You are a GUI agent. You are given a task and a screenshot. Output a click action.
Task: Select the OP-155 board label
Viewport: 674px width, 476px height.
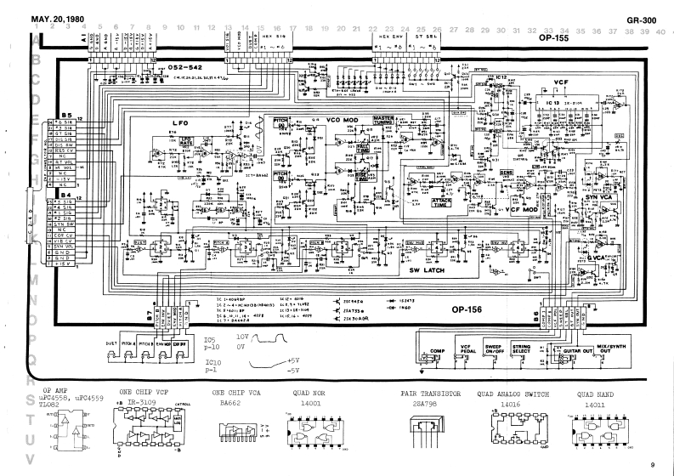pyautogui.click(x=553, y=38)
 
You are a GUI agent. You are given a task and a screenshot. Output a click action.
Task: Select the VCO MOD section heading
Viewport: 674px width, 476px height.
pyautogui.click(x=346, y=121)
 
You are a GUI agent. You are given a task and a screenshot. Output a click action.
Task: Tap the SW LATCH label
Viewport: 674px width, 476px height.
pyautogui.click(x=426, y=270)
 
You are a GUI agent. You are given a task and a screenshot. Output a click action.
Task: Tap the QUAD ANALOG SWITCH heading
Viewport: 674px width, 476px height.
pyautogui.click(x=511, y=395)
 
